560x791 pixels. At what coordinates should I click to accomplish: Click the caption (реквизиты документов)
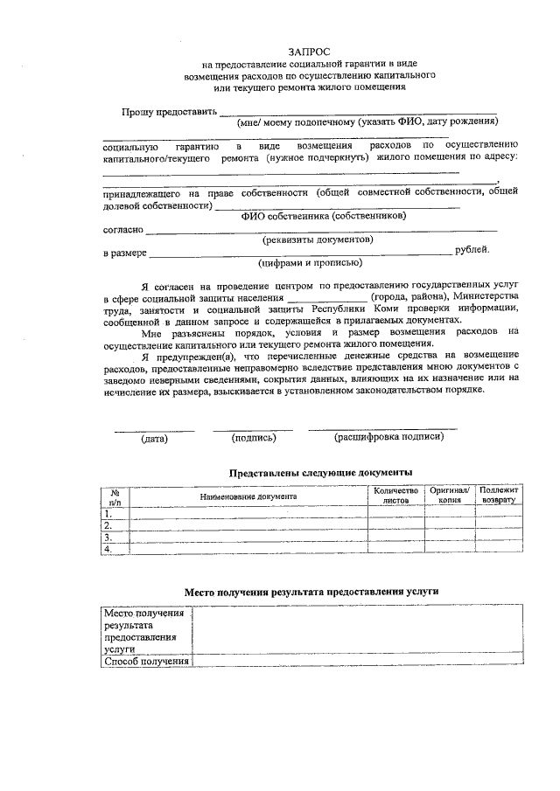tap(318, 239)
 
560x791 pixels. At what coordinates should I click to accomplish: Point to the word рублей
tap(472, 250)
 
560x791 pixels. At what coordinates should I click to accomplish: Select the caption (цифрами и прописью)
tap(310, 262)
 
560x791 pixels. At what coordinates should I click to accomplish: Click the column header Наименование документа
tap(248, 496)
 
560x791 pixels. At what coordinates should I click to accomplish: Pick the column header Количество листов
tap(395, 496)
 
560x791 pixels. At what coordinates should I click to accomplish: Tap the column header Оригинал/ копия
tap(450, 496)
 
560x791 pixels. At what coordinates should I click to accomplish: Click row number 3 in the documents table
tap(108, 538)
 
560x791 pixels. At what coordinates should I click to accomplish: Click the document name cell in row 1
tap(242, 514)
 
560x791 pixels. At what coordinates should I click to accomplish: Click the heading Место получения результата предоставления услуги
tap(311, 592)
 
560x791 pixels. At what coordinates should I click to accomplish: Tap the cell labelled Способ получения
tap(146, 661)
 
